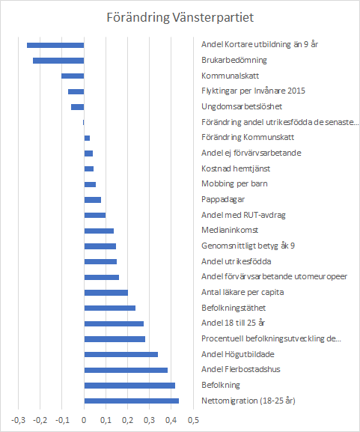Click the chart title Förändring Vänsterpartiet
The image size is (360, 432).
coord(180,18)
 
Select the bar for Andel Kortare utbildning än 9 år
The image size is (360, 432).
coord(55,45)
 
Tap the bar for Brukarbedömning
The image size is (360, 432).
coord(58,61)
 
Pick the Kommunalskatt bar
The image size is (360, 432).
coord(73,76)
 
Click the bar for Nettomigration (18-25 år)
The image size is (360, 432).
coord(132,401)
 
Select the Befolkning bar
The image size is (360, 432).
coord(129,386)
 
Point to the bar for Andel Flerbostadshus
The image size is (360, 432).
coord(126,370)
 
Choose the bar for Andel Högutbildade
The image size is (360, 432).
coord(121,355)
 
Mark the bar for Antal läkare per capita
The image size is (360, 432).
coord(106,293)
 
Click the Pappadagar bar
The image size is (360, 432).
coord(93,200)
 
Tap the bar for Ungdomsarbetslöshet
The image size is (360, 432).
coord(77,107)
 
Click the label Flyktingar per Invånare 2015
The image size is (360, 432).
coord(253,91)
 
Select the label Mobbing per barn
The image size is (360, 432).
coord(234,183)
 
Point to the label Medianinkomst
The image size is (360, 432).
coord(230,230)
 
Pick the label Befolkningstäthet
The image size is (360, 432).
coord(234,308)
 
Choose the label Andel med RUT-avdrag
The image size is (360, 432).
coord(243,215)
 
